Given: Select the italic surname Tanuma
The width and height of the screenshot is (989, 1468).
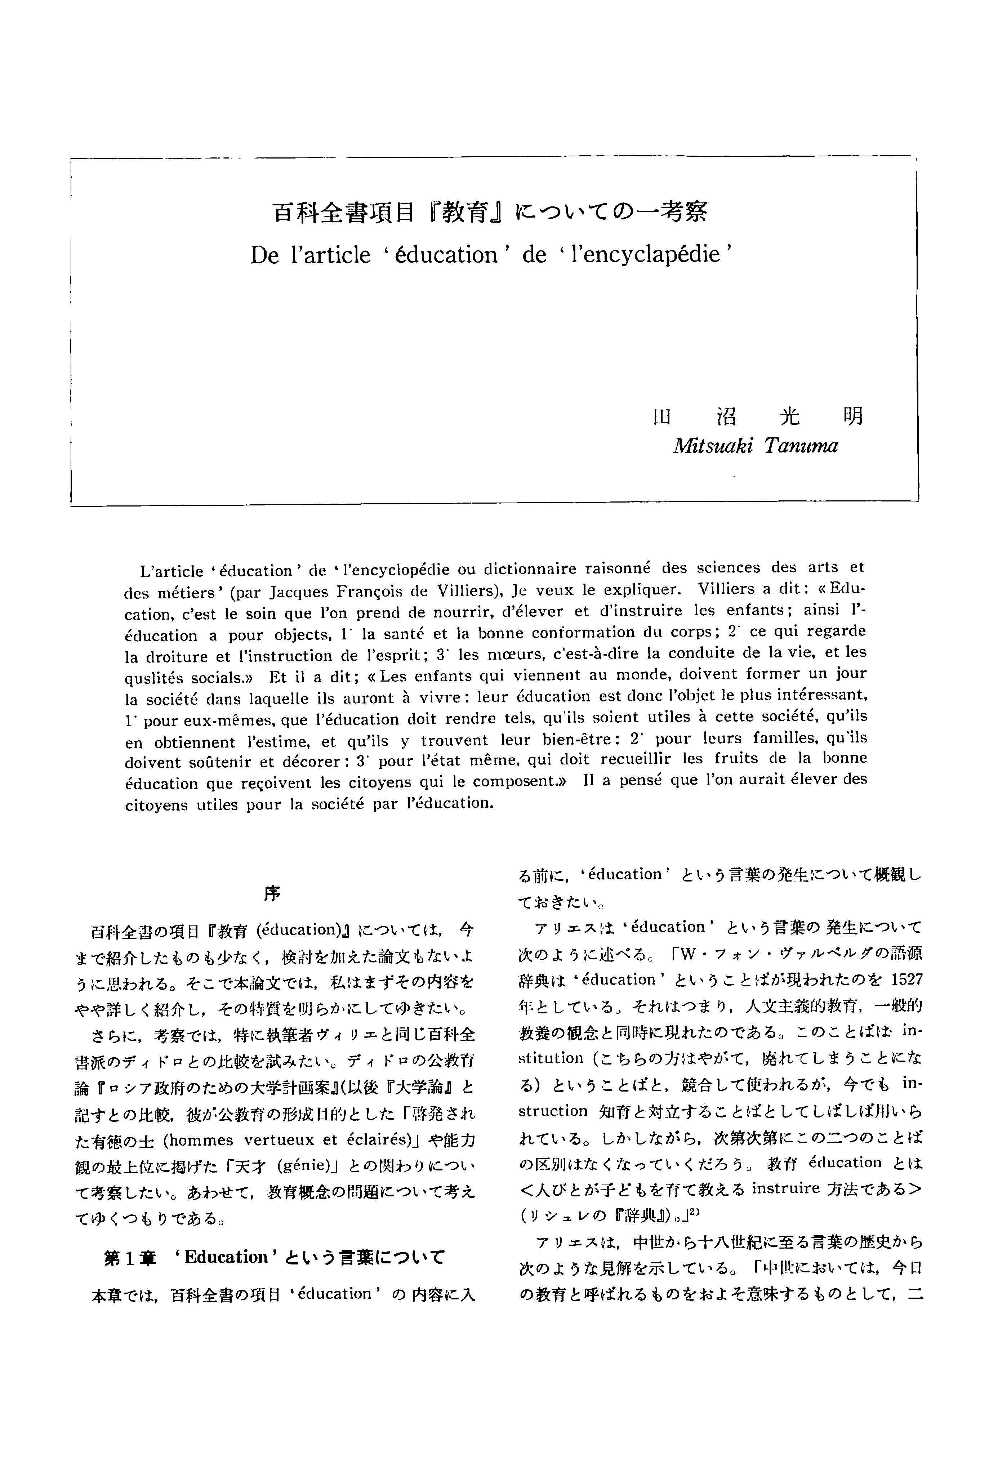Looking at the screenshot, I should coord(801,446).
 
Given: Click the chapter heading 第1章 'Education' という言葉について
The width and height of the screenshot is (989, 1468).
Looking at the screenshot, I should coord(275,1257).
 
